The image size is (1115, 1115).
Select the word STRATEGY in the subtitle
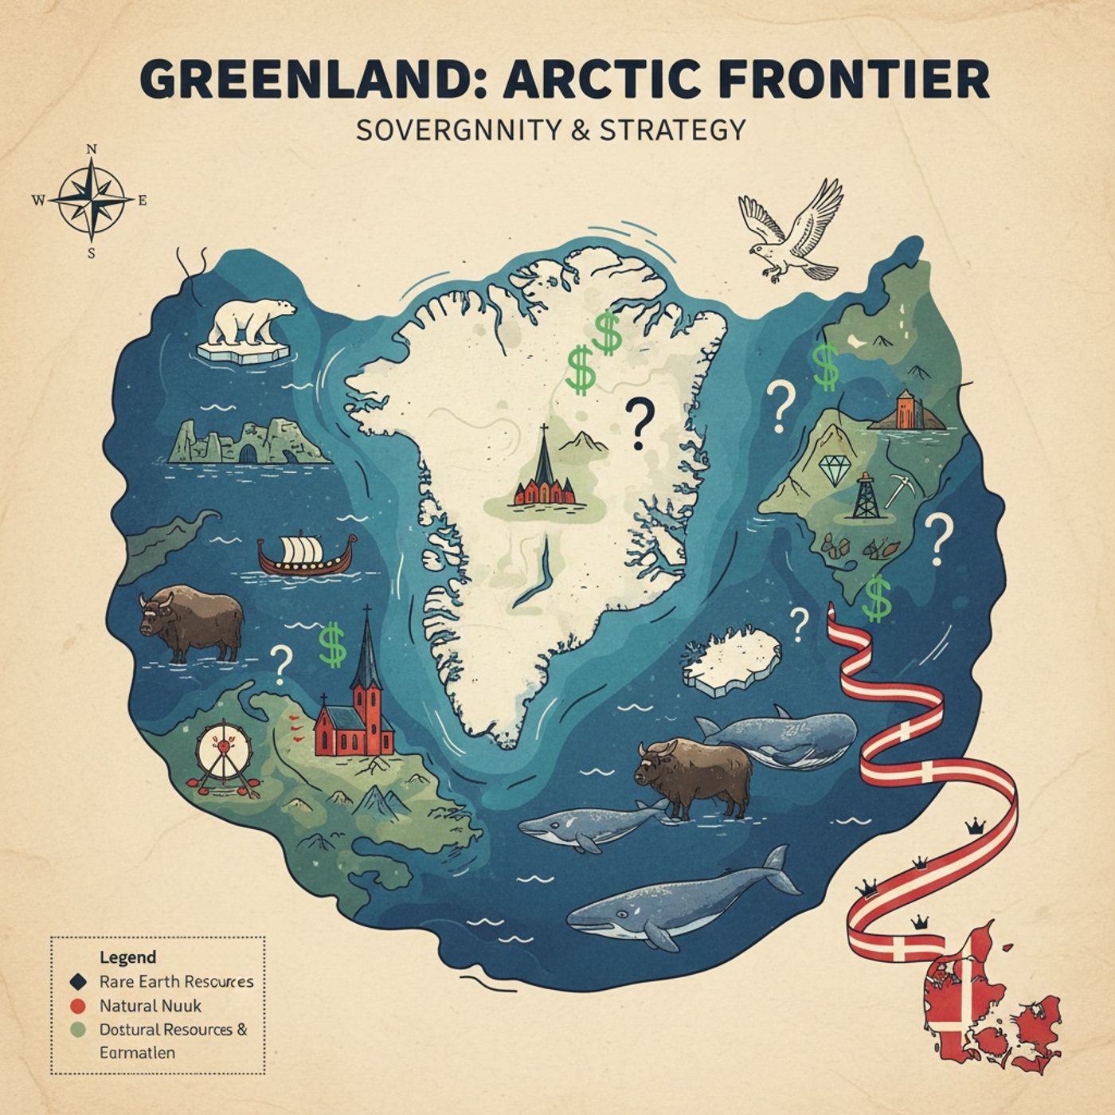[x=672, y=130]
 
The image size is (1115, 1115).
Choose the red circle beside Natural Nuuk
[x=78, y=1005]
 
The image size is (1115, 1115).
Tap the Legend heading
[x=128, y=957]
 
